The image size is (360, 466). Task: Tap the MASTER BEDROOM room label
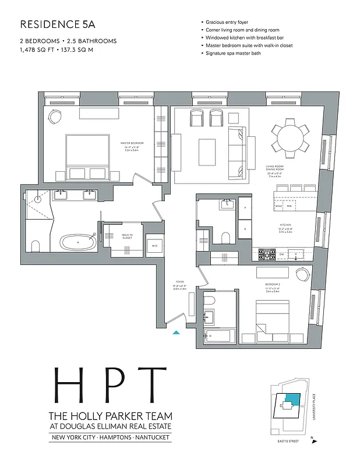(x=132, y=143)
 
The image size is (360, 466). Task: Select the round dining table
(x=290, y=137)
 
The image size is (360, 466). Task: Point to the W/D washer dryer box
(x=154, y=246)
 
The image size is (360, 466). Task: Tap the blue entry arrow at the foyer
(x=176, y=333)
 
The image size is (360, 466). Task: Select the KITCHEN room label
(x=284, y=225)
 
